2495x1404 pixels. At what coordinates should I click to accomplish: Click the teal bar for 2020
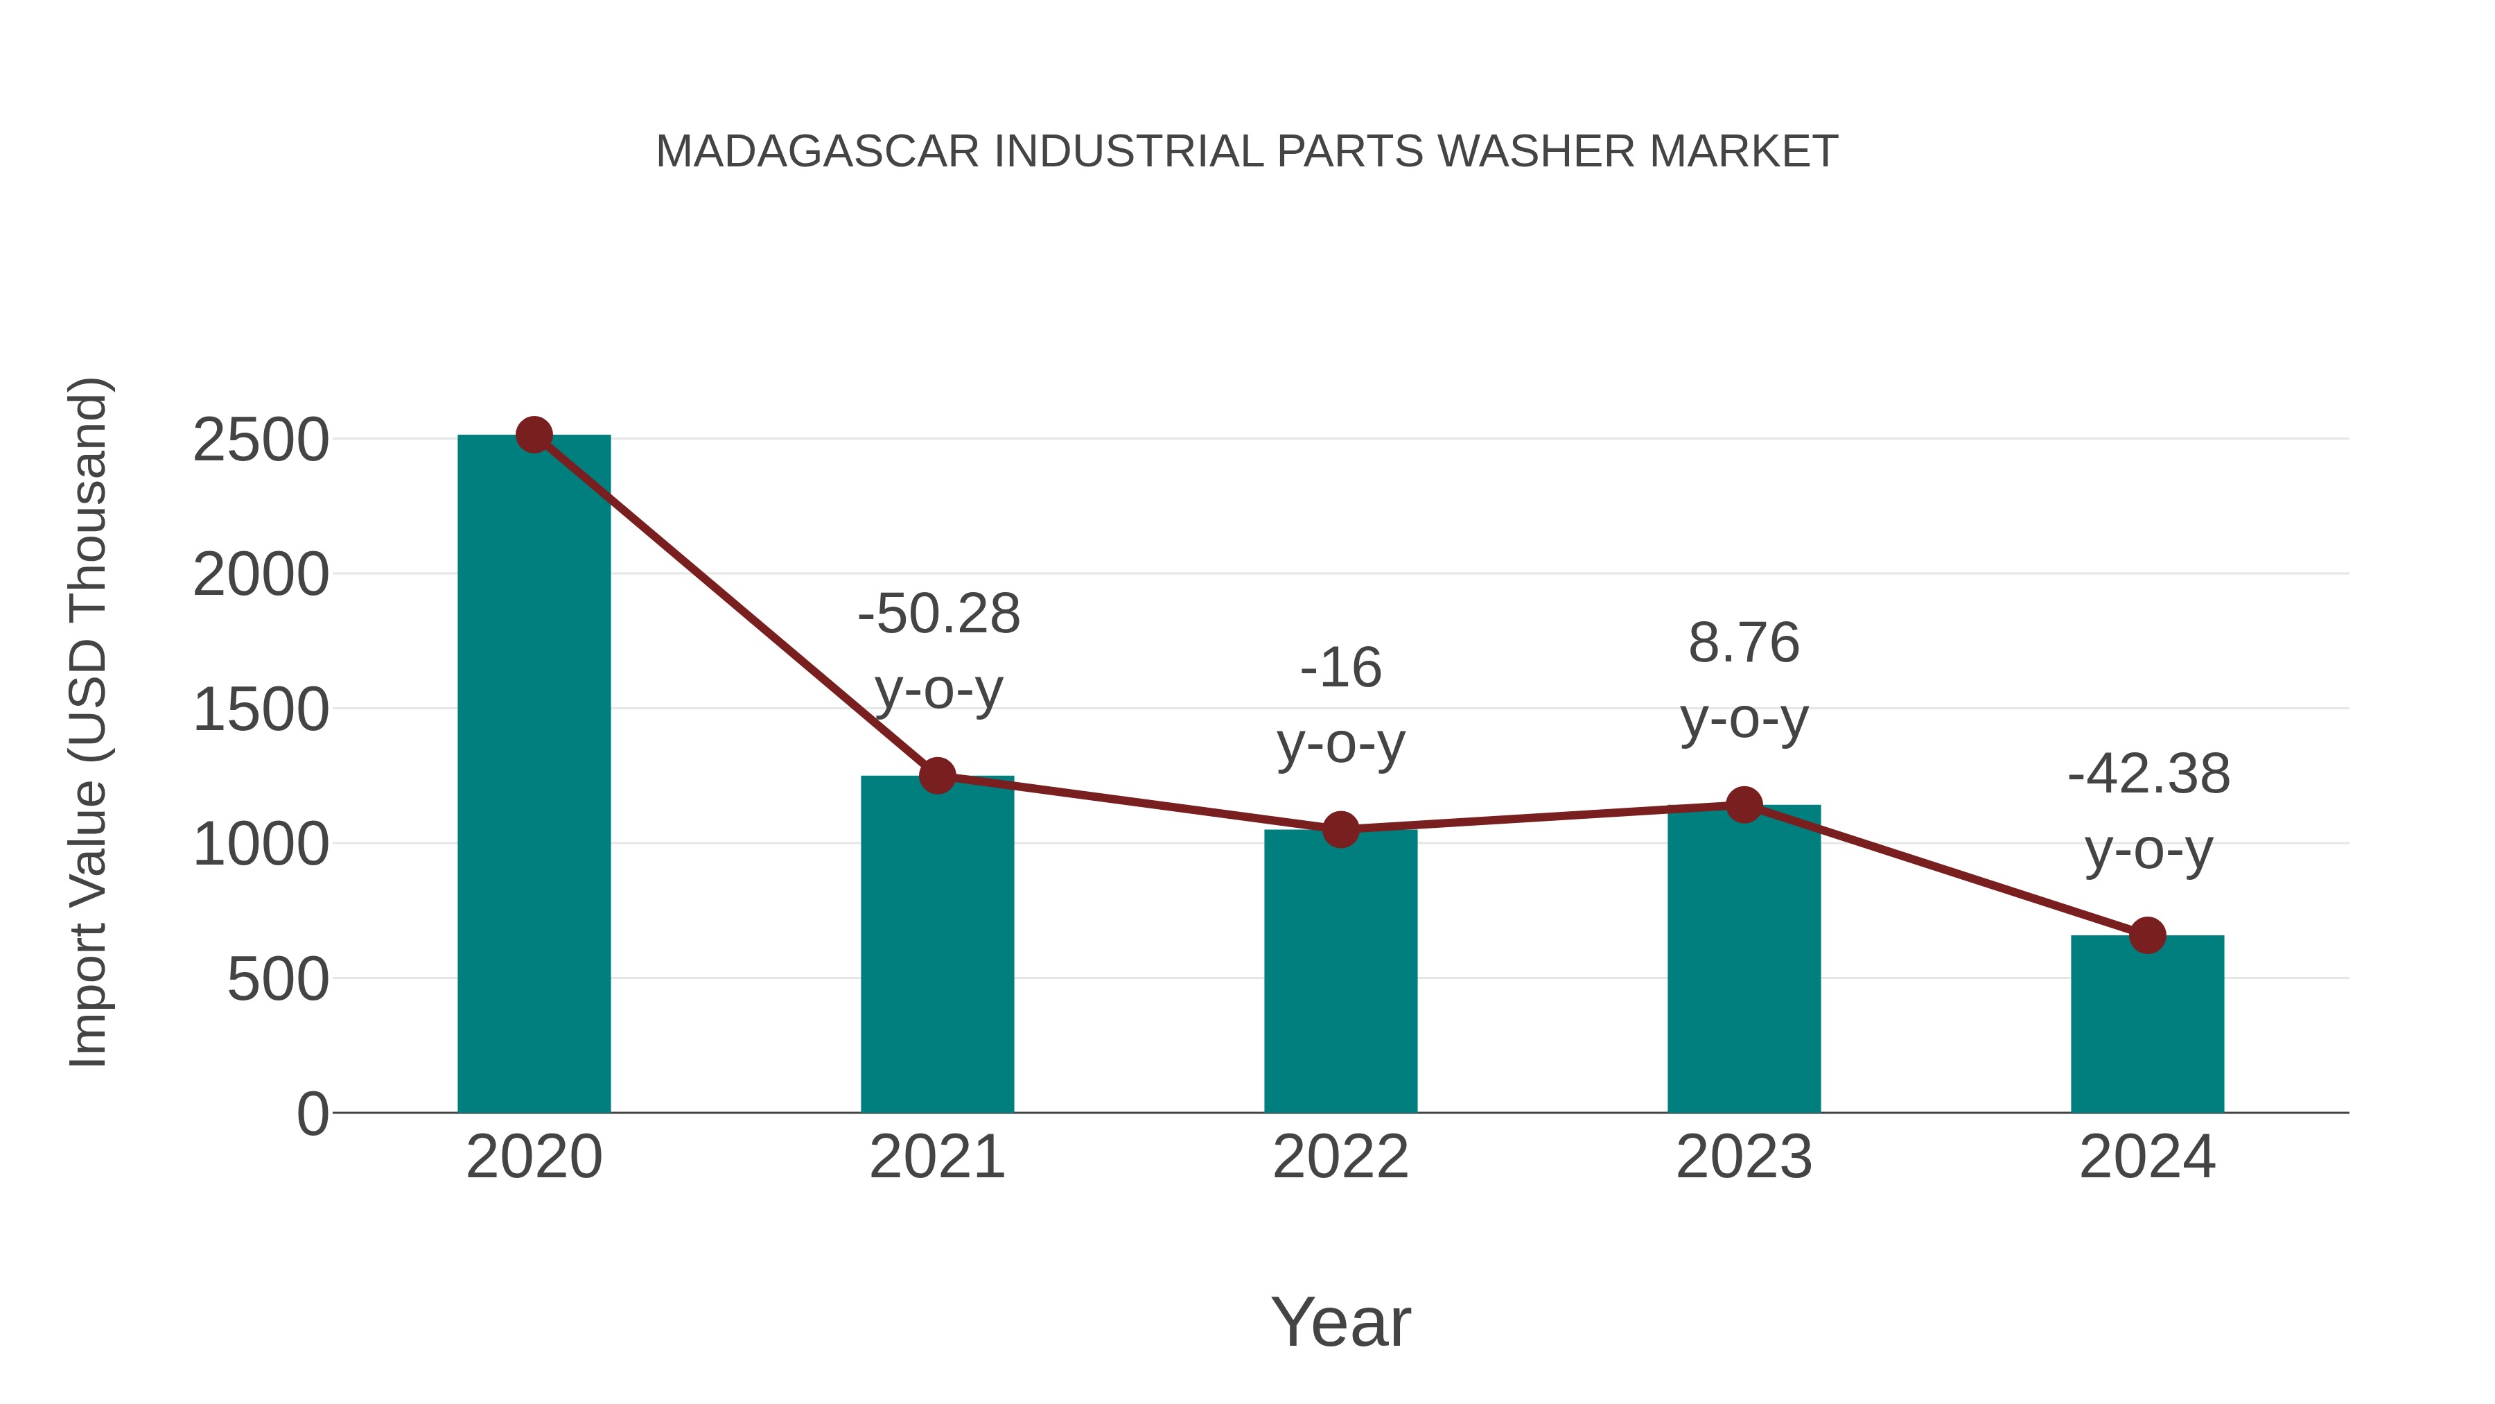[534, 775]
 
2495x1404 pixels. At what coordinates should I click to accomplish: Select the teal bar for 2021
[936, 945]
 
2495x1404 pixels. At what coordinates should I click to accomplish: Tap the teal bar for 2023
[1744, 960]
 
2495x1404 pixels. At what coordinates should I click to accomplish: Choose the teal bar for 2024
[2147, 1024]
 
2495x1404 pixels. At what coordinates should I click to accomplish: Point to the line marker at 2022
[1340, 829]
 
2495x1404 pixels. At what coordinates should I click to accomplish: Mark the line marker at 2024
[2147, 935]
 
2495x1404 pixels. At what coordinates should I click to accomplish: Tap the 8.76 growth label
[1744, 680]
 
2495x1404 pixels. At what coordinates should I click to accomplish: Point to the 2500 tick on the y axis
[261, 441]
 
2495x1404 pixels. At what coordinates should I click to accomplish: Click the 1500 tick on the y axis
[261, 710]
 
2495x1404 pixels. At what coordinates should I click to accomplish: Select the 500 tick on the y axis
[277, 980]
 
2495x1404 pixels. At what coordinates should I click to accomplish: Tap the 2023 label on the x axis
[1744, 1157]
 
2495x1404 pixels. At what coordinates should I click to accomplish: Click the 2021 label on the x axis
[936, 1157]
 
